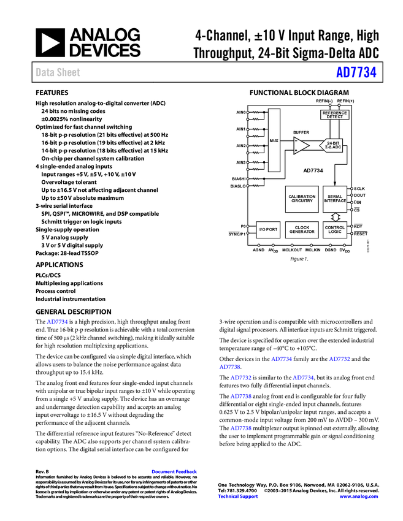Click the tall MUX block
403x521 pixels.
(x=274, y=140)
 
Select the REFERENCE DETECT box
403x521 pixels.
(x=334, y=115)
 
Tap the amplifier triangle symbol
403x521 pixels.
(x=301, y=146)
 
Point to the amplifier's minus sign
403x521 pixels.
(x=296, y=141)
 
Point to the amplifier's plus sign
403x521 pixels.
(x=296, y=150)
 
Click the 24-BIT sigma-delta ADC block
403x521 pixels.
(x=332, y=145)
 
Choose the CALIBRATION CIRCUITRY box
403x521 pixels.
(x=302, y=199)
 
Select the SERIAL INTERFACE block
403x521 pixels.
(x=335, y=199)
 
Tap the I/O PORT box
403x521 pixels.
(x=268, y=229)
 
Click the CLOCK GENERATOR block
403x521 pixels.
(x=302, y=229)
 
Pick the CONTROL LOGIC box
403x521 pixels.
(x=335, y=229)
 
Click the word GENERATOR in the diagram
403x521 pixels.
(x=302, y=232)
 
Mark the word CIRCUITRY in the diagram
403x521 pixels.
(x=302, y=201)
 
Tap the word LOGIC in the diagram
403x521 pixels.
(x=335, y=232)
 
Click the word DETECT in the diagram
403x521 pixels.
(x=334, y=117)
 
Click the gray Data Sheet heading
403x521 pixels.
(x=58, y=72)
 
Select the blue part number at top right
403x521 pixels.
(x=356, y=72)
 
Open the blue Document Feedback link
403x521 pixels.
(x=175, y=472)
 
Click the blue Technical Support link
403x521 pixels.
(x=238, y=496)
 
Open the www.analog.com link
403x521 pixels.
(x=359, y=496)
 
